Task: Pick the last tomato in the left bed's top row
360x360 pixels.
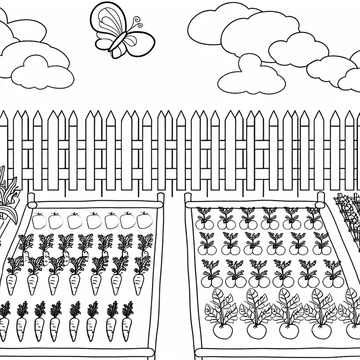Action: [x=144, y=221]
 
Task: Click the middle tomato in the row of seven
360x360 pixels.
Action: [x=92, y=221]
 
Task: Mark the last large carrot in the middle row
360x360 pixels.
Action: [x=139, y=283]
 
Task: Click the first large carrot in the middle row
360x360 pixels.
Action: [x=12, y=283]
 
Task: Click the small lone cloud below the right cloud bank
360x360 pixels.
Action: [x=251, y=79]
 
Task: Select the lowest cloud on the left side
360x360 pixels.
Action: [x=42, y=76]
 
